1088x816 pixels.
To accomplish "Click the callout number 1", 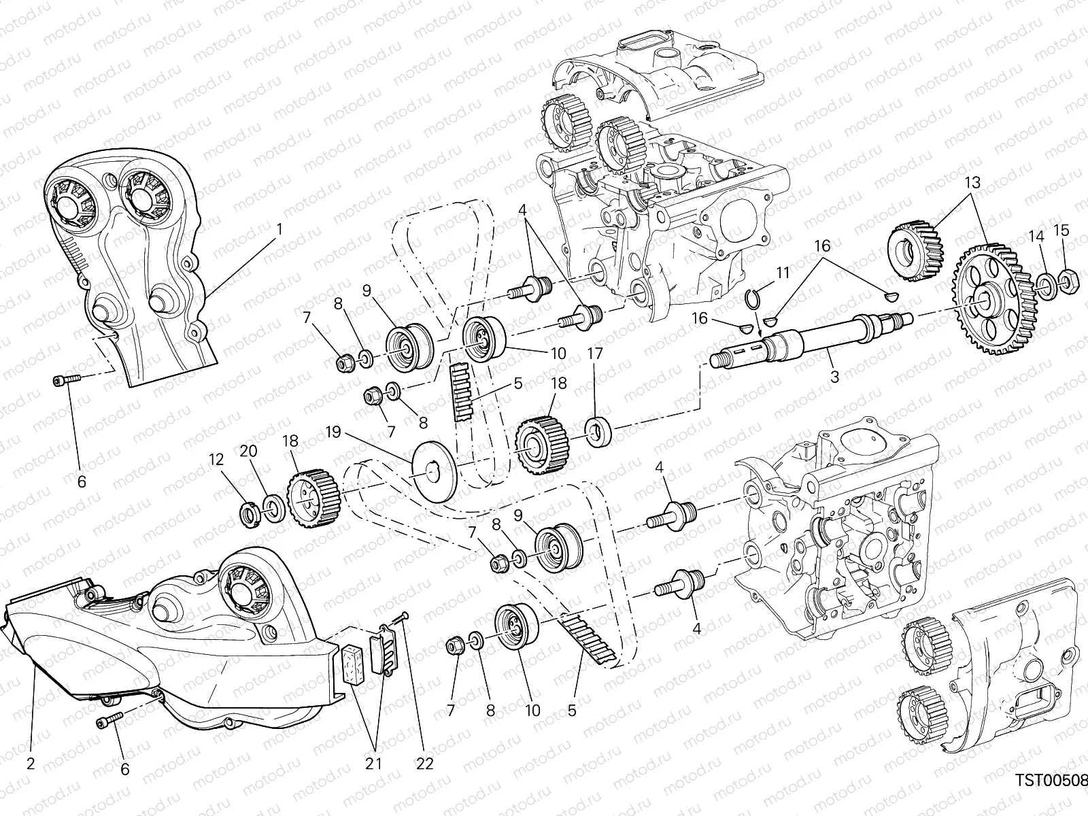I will [x=279, y=230].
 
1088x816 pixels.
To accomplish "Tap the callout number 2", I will [x=30, y=764].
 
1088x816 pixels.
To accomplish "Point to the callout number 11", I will [x=783, y=272].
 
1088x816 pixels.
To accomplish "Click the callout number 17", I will [x=596, y=354].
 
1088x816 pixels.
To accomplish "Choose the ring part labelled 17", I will [x=599, y=433].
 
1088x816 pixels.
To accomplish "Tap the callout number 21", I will [x=373, y=764].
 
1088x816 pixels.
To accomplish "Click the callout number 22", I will [x=425, y=764].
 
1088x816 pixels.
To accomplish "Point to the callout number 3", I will [x=835, y=376].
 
